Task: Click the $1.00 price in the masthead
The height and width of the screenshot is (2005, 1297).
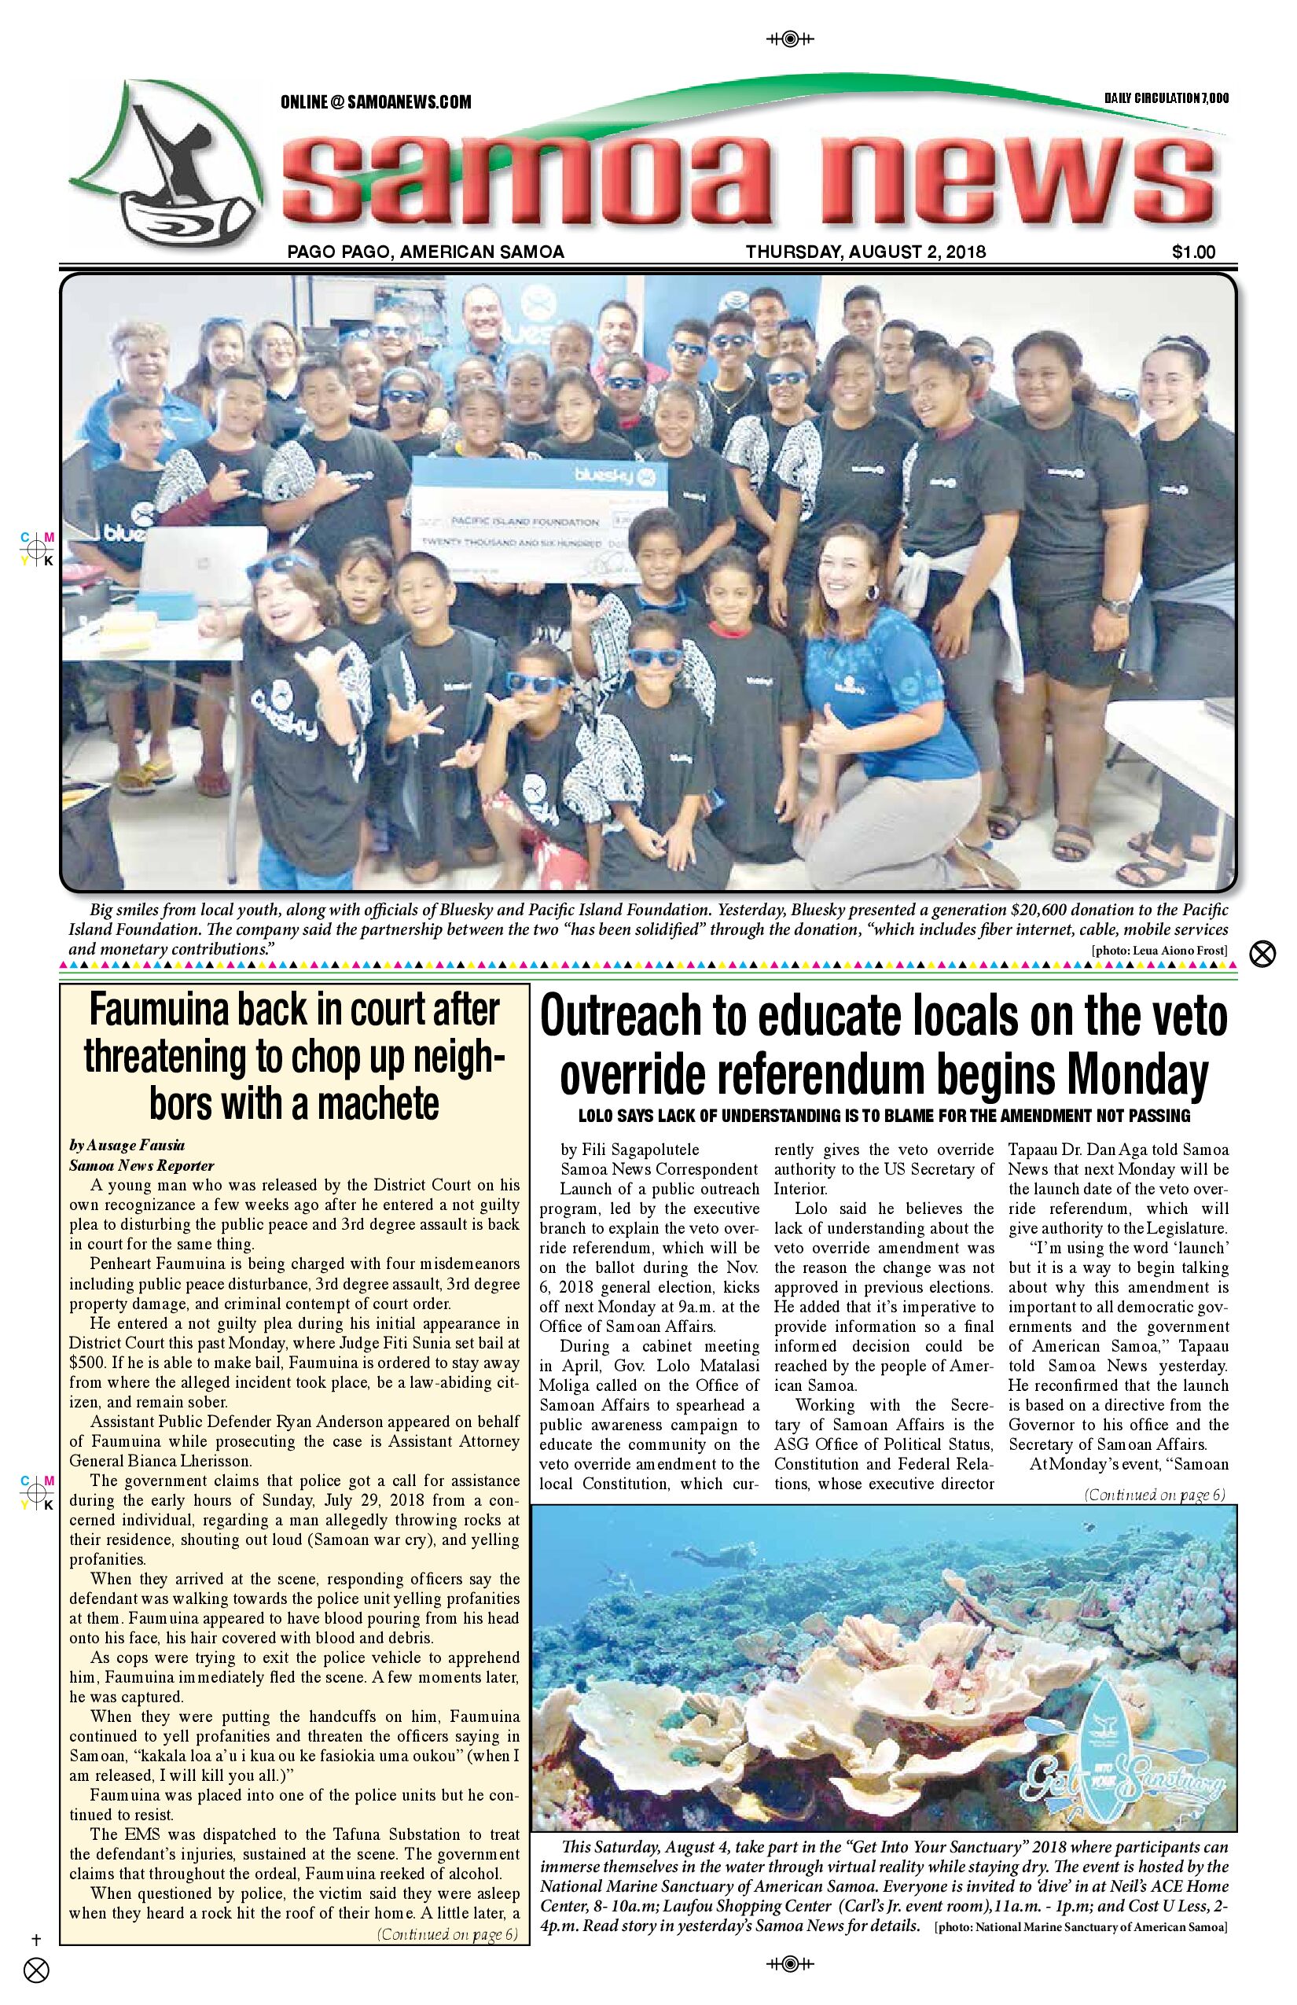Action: pos(1192,251)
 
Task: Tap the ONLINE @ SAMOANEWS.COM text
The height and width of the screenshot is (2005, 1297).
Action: pos(376,102)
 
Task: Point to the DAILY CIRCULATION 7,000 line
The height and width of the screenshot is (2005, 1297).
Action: pos(1167,98)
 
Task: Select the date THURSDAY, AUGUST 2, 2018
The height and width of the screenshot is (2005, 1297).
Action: pos(865,251)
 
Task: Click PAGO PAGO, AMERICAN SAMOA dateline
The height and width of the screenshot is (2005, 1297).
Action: pos(425,251)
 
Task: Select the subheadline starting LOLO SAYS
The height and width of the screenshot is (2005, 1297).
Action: pos(884,1117)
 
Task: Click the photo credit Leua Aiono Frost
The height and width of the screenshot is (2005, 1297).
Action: pos(1159,951)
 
